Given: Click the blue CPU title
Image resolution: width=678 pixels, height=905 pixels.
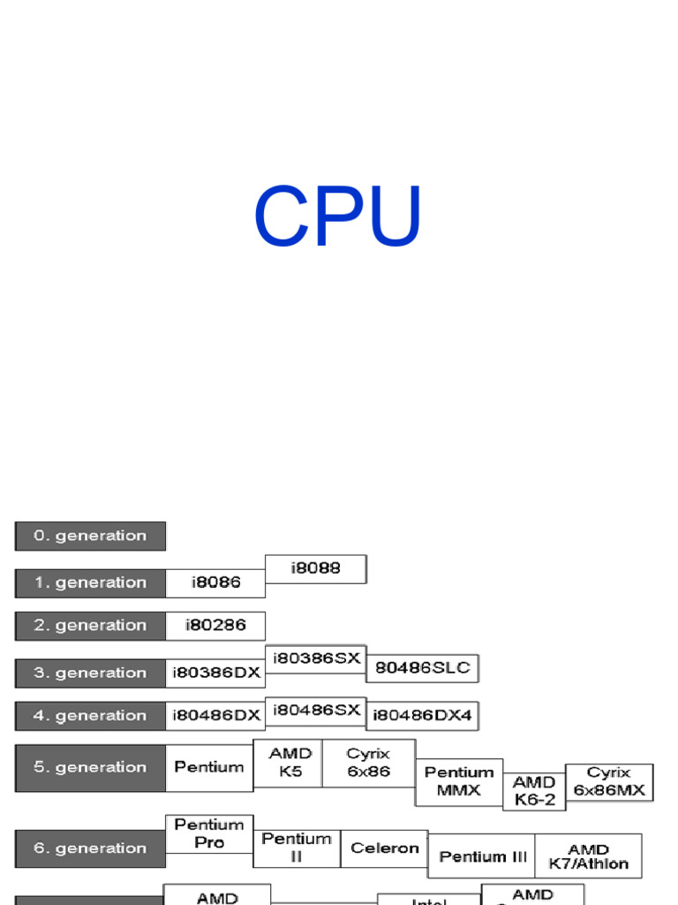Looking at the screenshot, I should (338, 217).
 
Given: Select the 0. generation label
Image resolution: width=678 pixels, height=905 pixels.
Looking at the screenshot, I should (90, 536).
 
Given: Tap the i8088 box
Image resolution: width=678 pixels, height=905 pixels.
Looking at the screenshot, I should (316, 568).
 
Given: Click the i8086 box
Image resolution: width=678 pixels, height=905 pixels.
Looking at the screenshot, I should (215, 582).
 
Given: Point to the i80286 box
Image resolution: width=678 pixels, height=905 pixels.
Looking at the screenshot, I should (215, 626).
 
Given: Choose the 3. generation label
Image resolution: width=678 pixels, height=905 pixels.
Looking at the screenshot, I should (90, 673).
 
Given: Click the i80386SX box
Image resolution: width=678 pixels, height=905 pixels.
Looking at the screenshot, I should (316, 659).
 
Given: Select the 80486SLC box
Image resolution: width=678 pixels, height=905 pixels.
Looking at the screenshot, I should (423, 668).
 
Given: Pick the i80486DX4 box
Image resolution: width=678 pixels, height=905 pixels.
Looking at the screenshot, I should (423, 715).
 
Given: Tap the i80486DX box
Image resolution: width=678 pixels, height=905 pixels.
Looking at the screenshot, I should (215, 715).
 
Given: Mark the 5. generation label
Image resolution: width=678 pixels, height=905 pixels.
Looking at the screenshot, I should (90, 767).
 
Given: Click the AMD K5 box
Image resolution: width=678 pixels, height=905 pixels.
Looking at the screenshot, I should (289, 763).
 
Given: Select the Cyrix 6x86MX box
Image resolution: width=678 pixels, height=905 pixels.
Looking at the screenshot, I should (609, 782).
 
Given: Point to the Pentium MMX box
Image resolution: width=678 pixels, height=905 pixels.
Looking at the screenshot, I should (459, 781).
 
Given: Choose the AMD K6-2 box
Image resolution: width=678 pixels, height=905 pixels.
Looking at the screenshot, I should (534, 791).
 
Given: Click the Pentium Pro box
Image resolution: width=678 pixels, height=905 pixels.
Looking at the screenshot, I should (209, 833).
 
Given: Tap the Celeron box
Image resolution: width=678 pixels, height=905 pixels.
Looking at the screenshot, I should (384, 848).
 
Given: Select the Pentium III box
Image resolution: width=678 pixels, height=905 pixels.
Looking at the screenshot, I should (482, 856).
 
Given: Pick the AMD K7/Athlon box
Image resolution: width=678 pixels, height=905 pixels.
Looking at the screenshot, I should (588, 856).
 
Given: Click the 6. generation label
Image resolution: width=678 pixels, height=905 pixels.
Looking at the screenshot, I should (90, 848).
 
